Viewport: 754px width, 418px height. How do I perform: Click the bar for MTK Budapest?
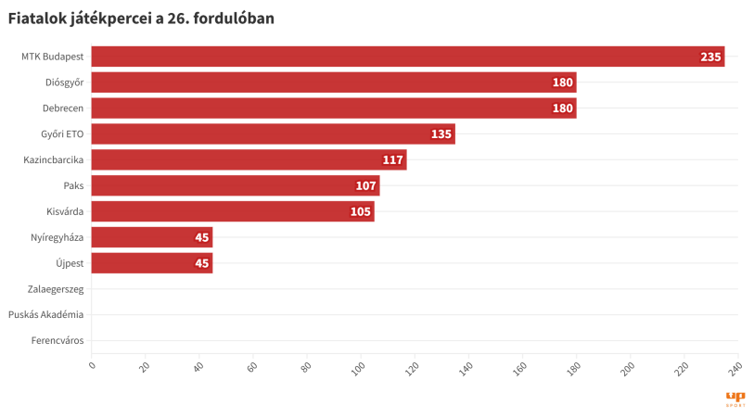pyautogui.click(x=408, y=57)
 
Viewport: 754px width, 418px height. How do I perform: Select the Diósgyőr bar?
pyautogui.click(x=334, y=82)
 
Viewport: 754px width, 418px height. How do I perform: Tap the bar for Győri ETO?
pyautogui.click(x=273, y=134)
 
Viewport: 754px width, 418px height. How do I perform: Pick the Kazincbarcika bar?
pyautogui.click(x=249, y=160)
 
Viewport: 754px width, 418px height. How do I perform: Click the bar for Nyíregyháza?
pyautogui.click(x=152, y=237)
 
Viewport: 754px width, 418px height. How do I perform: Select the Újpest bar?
pyautogui.click(x=152, y=263)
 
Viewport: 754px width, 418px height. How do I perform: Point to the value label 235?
pyautogui.click(x=710, y=57)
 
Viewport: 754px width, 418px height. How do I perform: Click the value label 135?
pyautogui.click(x=441, y=134)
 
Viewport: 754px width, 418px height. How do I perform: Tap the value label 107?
pyautogui.click(x=365, y=186)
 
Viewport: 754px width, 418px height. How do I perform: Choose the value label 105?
pyautogui.click(x=361, y=212)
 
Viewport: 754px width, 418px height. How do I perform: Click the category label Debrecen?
pyautogui.click(x=63, y=108)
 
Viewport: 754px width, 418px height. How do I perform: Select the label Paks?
pyautogui.click(x=73, y=186)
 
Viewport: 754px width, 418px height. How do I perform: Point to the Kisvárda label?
pyautogui.click(x=65, y=212)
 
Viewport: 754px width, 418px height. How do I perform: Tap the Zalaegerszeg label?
pyautogui.click(x=56, y=289)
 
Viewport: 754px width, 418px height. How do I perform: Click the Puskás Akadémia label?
pyautogui.click(x=45, y=315)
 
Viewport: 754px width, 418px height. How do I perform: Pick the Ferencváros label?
pyautogui.click(x=58, y=341)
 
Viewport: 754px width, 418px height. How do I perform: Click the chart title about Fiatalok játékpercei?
pyautogui.click(x=141, y=18)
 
